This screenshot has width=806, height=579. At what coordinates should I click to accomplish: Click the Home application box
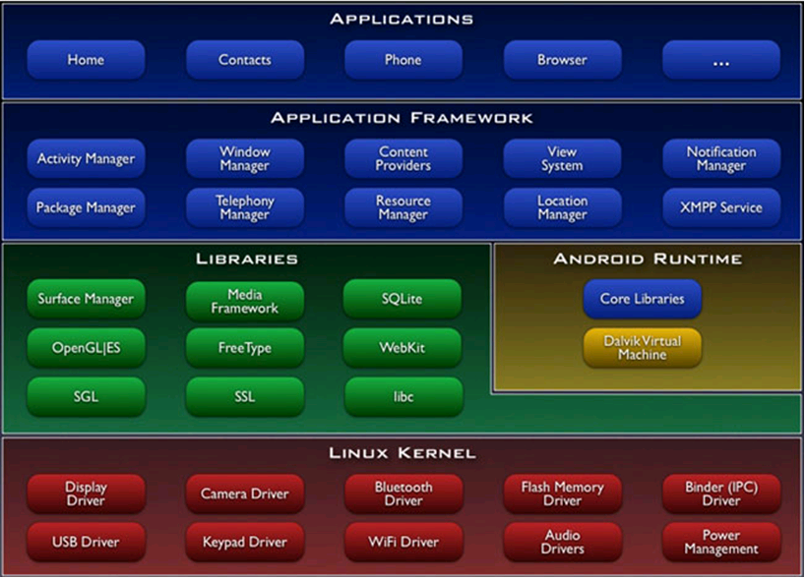[86, 60]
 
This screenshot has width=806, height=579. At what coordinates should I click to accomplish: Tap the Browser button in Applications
[562, 60]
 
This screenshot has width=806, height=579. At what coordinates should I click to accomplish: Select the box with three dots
[721, 60]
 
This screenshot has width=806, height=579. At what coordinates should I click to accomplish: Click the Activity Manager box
[86, 158]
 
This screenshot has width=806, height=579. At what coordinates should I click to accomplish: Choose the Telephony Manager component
[245, 207]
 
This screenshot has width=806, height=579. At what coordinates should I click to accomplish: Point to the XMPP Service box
[721, 207]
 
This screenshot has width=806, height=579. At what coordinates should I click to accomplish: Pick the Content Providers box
[403, 158]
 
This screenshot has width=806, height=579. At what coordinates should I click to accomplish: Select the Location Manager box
[562, 207]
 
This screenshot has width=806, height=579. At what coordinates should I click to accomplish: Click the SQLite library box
[403, 299]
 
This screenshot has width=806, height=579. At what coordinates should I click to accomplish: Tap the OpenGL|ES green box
[86, 348]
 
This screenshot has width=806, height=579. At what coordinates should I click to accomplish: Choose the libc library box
[403, 396]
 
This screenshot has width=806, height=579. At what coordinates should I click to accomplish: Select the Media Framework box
[245, 301]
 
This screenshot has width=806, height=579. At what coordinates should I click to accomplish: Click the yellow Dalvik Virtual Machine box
[643, 348]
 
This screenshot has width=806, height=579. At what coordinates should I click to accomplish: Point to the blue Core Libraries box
[643, 299]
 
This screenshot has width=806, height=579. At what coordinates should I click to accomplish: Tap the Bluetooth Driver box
[403, 493]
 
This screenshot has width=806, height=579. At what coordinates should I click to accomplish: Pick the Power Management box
[721, 542]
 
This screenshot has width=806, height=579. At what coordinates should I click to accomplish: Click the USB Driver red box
[86, 542]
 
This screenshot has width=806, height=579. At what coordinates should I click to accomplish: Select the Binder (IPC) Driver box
[721, 493]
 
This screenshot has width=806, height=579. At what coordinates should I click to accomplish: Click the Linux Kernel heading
[403, 453]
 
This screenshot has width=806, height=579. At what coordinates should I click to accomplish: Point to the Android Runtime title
[648, 259]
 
